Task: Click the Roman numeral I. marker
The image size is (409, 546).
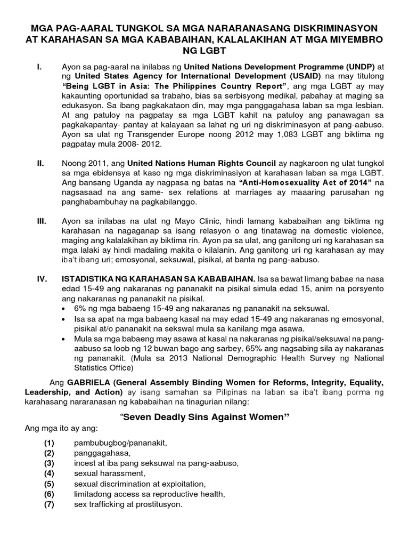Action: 39,68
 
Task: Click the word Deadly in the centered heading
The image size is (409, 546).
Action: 181,417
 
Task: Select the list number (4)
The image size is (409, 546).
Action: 50,473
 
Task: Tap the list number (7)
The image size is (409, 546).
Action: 50,504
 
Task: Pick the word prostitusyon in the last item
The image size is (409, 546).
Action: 158,504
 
